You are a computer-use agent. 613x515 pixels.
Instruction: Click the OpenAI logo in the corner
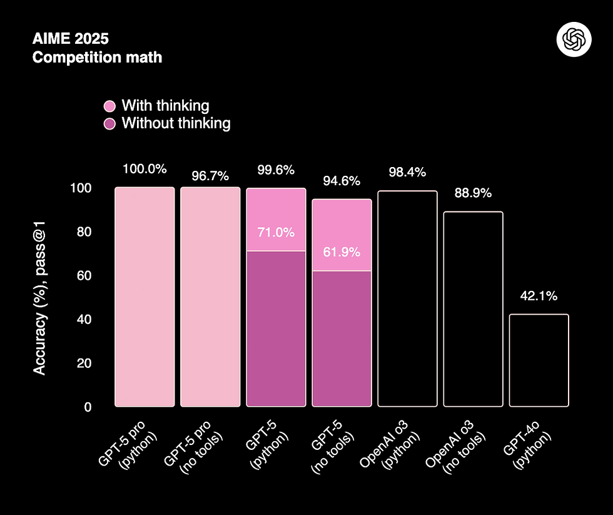(x=574, y=41)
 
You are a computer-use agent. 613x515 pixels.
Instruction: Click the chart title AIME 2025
(x=70, y=39)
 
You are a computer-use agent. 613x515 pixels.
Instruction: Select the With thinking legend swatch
(x=109, y=106)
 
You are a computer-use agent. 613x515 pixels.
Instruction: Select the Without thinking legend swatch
(x=109, y=123)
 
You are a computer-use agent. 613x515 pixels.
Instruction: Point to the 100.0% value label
(x=144, y=169)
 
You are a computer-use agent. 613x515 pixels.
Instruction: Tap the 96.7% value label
(x=210, y=176)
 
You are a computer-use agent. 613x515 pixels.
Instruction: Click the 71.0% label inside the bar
(x=276, y=232)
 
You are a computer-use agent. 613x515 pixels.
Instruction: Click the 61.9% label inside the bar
(x=342, y=252)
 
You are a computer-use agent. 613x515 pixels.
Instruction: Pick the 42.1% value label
(x=539, y=296)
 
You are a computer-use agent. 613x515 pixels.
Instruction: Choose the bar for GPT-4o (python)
(x=539, y=360)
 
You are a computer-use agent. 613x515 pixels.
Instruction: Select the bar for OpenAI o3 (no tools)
(x=473, y=309)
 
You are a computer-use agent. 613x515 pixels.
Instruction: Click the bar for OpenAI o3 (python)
(x=407, y=299)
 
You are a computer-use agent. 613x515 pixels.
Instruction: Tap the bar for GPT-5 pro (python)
(x=144, y=297)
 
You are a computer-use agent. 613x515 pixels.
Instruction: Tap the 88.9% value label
(x=473, y=193)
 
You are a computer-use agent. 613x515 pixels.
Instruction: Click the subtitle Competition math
(x=97, y=58)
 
